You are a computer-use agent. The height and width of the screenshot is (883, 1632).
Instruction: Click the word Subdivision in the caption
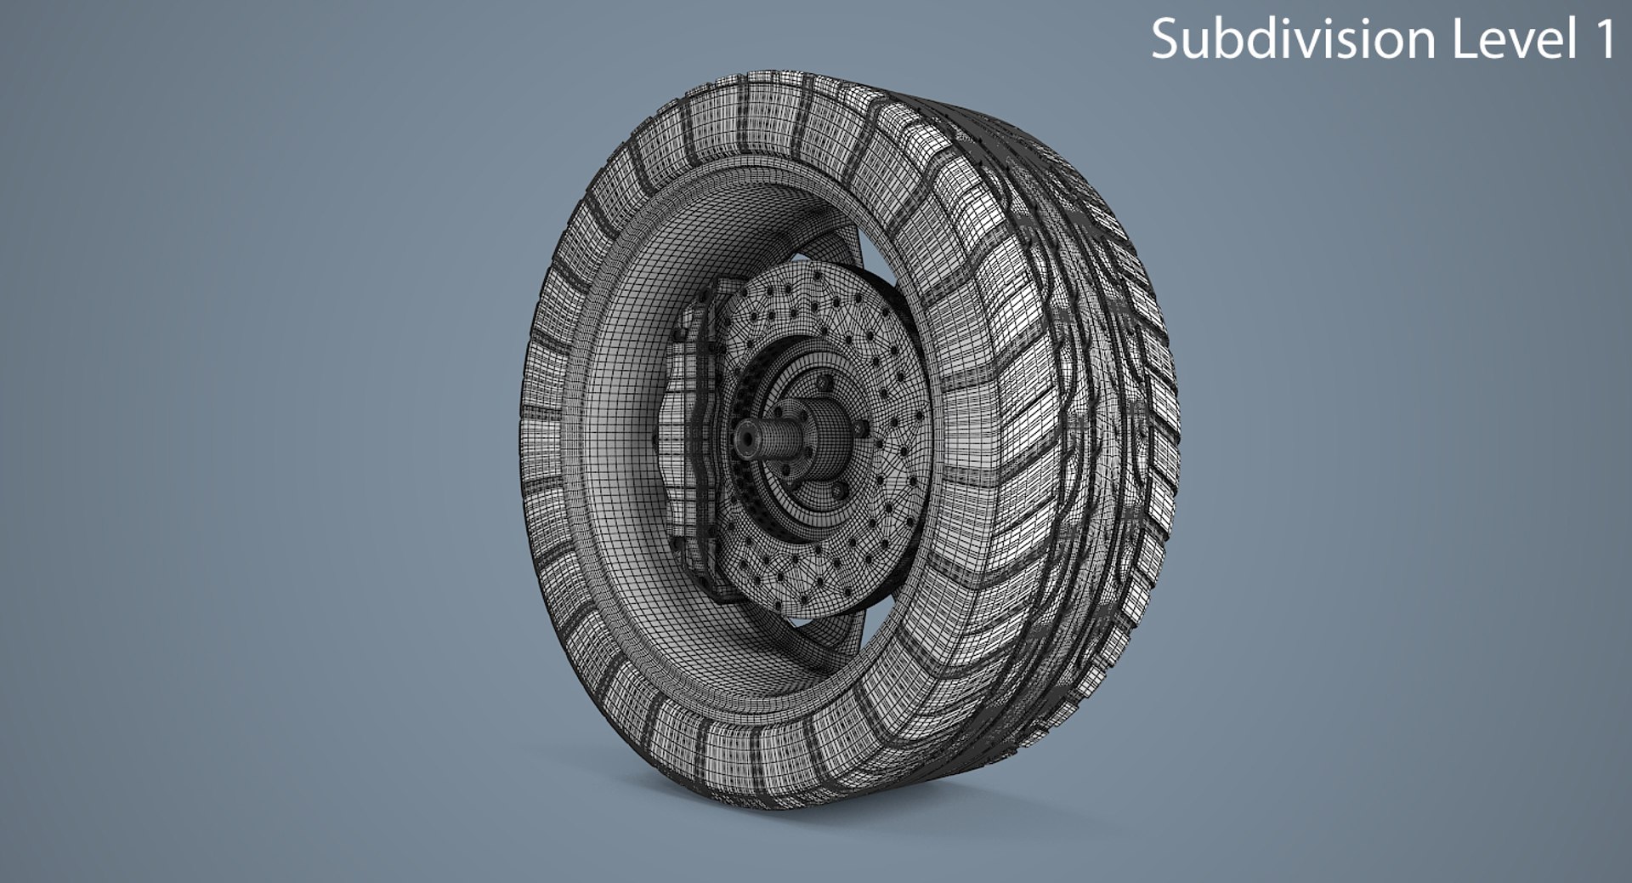tap(1292, 40)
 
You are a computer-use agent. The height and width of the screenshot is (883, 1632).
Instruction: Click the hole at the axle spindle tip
tap(746, 437)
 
